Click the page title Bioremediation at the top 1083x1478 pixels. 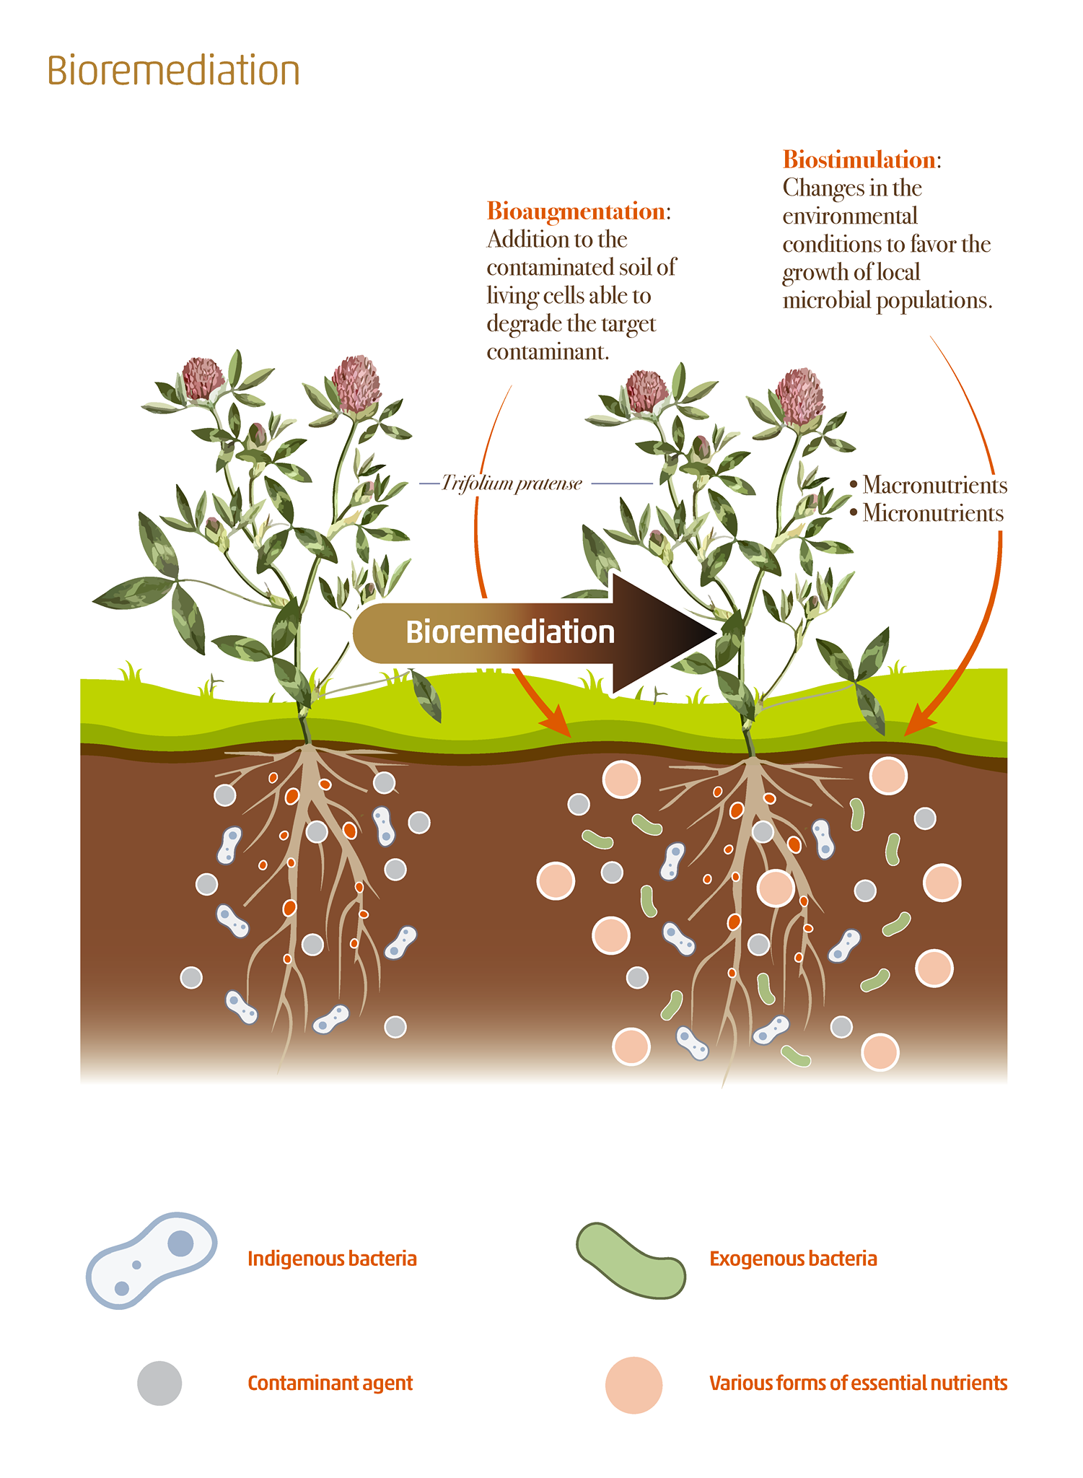click(x=173, y=71)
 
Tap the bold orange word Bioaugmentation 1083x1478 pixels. click(x=576, y=211)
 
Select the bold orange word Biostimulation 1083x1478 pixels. click(x=859, y=159)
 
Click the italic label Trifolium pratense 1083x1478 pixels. click(x=512, y=483)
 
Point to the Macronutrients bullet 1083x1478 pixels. click(x=929, y=485)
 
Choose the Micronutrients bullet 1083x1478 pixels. click(x=926, y=513)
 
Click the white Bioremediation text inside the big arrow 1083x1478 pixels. click(x=510, y=632)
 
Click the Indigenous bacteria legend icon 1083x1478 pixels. click(x=152, y=1260)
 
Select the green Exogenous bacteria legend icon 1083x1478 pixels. click(x=631, y=1260)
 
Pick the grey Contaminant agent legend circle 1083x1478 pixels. click(x=159, y=1383)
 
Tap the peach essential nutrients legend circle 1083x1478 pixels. click(x=633, y=1385)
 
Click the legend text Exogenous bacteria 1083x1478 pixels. click(x=793, y=1259)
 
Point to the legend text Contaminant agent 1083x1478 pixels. click(x=330, y=1383)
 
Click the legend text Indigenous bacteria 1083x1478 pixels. click(x=332, y=1259)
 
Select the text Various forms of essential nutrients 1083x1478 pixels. click(x=858, y=1383)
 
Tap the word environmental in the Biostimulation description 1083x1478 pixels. click(x=850, y=216)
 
